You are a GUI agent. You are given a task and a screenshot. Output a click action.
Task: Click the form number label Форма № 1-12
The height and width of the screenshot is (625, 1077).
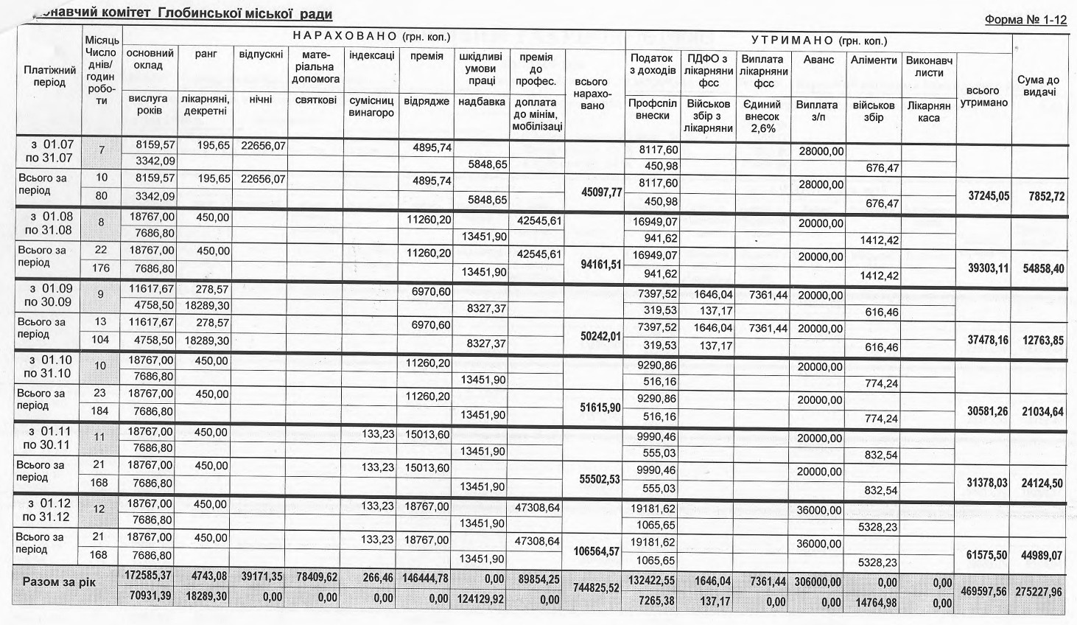1025,20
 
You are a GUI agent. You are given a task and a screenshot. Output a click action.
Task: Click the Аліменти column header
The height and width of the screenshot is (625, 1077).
874,60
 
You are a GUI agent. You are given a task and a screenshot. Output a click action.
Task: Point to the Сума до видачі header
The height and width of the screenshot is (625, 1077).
1038,85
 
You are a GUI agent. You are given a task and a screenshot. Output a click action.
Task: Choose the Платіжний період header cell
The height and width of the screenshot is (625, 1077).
49,76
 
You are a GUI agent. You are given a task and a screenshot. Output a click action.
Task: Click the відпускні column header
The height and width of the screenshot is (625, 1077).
261,55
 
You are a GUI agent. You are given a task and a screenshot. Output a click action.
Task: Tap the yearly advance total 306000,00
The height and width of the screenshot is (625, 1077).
818,582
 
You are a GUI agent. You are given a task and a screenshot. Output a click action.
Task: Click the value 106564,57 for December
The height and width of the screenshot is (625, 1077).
597,552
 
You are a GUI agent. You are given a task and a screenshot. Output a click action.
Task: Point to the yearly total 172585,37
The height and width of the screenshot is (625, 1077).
149,575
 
